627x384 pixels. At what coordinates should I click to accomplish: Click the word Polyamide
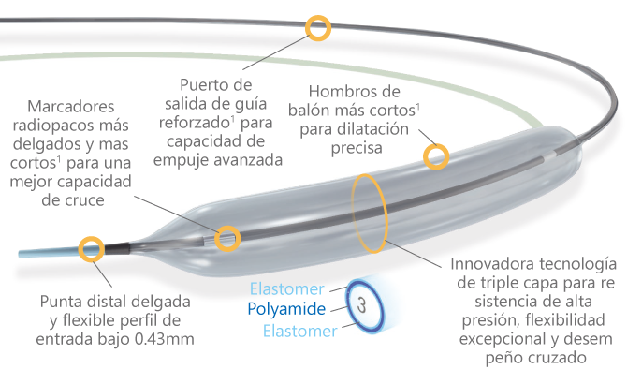287,308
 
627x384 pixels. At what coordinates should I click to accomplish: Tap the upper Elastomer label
287,288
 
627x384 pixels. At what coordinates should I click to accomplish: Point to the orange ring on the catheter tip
91,248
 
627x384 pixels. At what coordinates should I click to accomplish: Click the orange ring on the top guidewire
319,28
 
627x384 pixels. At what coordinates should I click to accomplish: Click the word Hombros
340,92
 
